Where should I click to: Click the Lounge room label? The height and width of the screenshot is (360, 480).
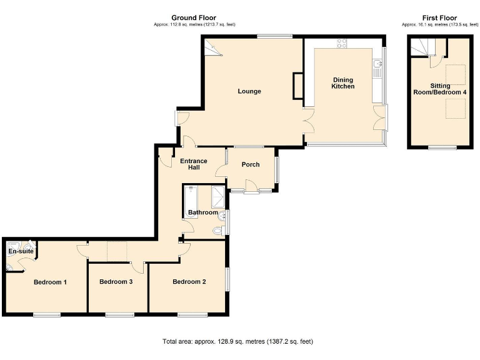(249, 91)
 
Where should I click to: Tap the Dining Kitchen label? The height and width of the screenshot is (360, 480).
(342, 83)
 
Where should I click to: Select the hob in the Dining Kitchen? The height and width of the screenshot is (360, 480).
(342, 43)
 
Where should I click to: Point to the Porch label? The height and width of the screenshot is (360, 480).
(251, 164)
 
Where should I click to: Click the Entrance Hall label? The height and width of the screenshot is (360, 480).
(194, 165)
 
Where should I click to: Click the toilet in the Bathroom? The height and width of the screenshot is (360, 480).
(217, 231)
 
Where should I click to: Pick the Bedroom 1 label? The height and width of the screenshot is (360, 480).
(50, 282)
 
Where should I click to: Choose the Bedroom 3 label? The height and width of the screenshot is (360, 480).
(116, 282)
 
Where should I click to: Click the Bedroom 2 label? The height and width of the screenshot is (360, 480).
(189, 282)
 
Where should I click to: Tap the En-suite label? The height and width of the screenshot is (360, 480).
(20, 251)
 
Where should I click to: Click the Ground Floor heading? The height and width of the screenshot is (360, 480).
(194, 18)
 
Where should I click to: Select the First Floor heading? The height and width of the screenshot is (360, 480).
(439, 18)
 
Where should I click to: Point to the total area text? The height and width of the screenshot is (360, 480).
(237, 342)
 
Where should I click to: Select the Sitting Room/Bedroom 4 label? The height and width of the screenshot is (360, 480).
(439, 89)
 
